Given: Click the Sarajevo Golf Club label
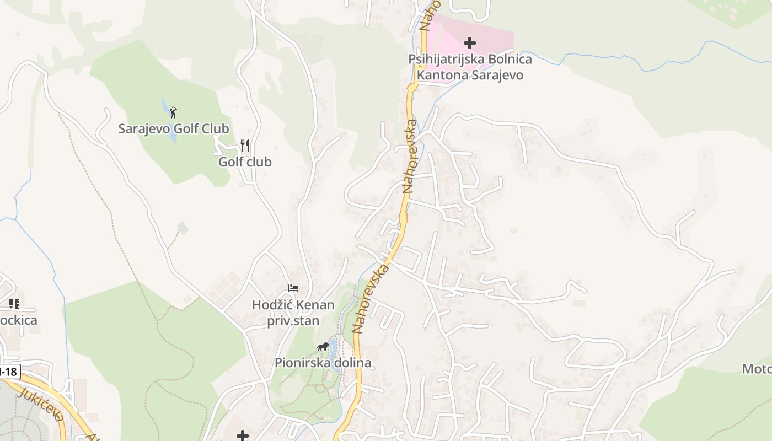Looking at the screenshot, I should [174, 129].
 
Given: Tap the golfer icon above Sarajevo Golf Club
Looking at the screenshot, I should [174, 112].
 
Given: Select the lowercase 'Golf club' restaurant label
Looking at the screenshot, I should [245, 162].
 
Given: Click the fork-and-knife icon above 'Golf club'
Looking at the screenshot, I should [245, 146].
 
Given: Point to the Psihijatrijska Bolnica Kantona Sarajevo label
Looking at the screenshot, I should [470, 67].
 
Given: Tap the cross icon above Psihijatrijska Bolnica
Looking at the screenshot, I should [470, 42].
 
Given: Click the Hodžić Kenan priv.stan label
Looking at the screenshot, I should [293, 313].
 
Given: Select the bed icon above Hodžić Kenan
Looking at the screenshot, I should [293, 288].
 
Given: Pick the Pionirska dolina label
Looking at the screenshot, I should [323, 363].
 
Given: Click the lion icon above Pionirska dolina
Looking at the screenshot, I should [323, 347].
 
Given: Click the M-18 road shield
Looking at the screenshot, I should [8, 372].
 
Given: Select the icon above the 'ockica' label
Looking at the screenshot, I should [14, 303].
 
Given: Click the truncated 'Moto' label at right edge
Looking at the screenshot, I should [757, 369].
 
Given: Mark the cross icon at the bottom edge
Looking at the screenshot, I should [243, 436].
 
